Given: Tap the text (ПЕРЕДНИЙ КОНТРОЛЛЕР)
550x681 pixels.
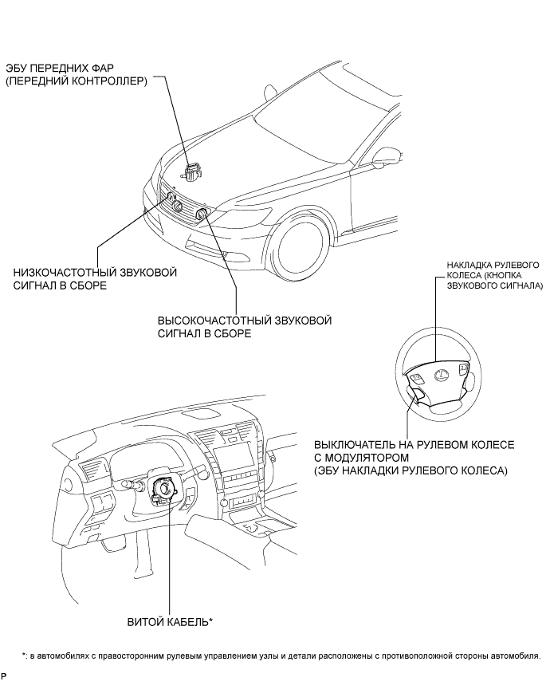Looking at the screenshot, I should click(x=77, y=81).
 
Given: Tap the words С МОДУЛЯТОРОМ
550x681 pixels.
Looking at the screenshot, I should click(x=361, y=458).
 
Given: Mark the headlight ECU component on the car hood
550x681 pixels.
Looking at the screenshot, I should click(x=191, y=169).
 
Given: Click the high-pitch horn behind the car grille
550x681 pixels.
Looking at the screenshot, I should click(x=201, y=214).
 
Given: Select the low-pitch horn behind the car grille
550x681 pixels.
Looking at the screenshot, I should click(x=176, y=205).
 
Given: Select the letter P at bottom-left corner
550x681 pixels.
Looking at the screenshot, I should click(x=4, y=675).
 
